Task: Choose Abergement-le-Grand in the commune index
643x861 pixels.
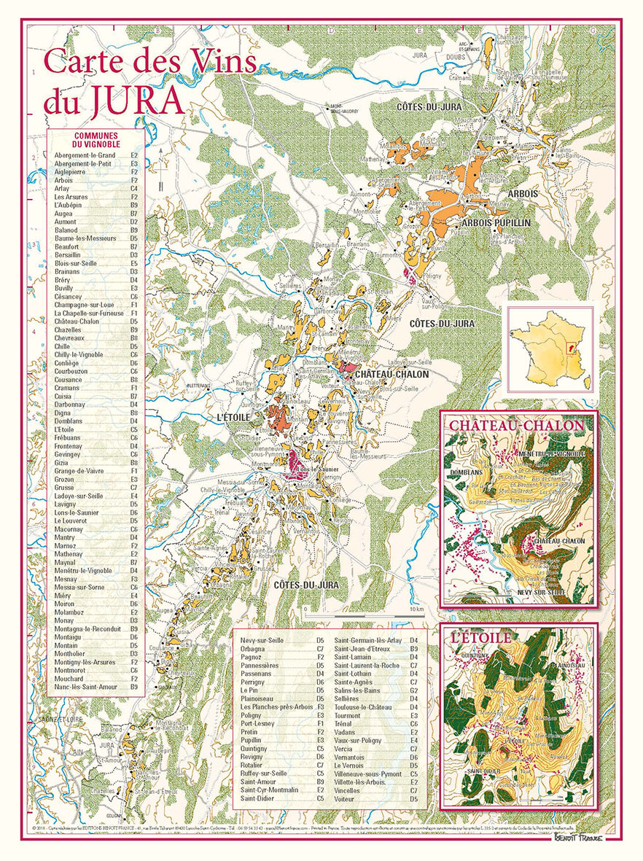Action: pos(85,155)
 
